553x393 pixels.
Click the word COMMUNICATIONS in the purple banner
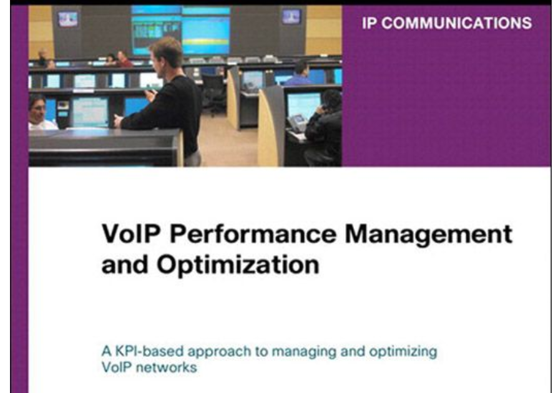[x=457, y=23]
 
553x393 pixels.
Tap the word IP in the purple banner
[x=369, y=23]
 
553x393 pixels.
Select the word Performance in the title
[x=253, y=234]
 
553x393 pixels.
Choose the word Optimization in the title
[x=238, y=264]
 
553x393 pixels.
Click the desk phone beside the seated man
[x=297, y=124]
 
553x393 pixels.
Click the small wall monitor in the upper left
[x=67, y=19]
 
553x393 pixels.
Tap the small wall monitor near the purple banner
[x=291, y=16]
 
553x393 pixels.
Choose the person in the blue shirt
[x=299, y=75]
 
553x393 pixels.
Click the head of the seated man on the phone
[x=331, y=100]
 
